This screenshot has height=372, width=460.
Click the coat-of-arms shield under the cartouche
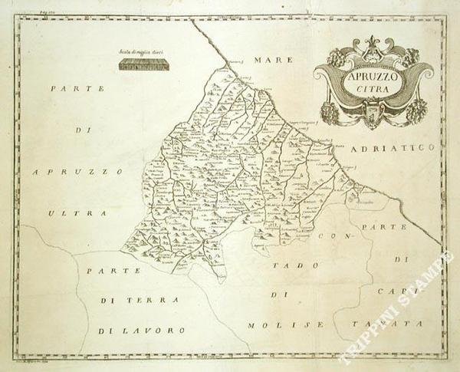pyautogui.click(x=373, y=117)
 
